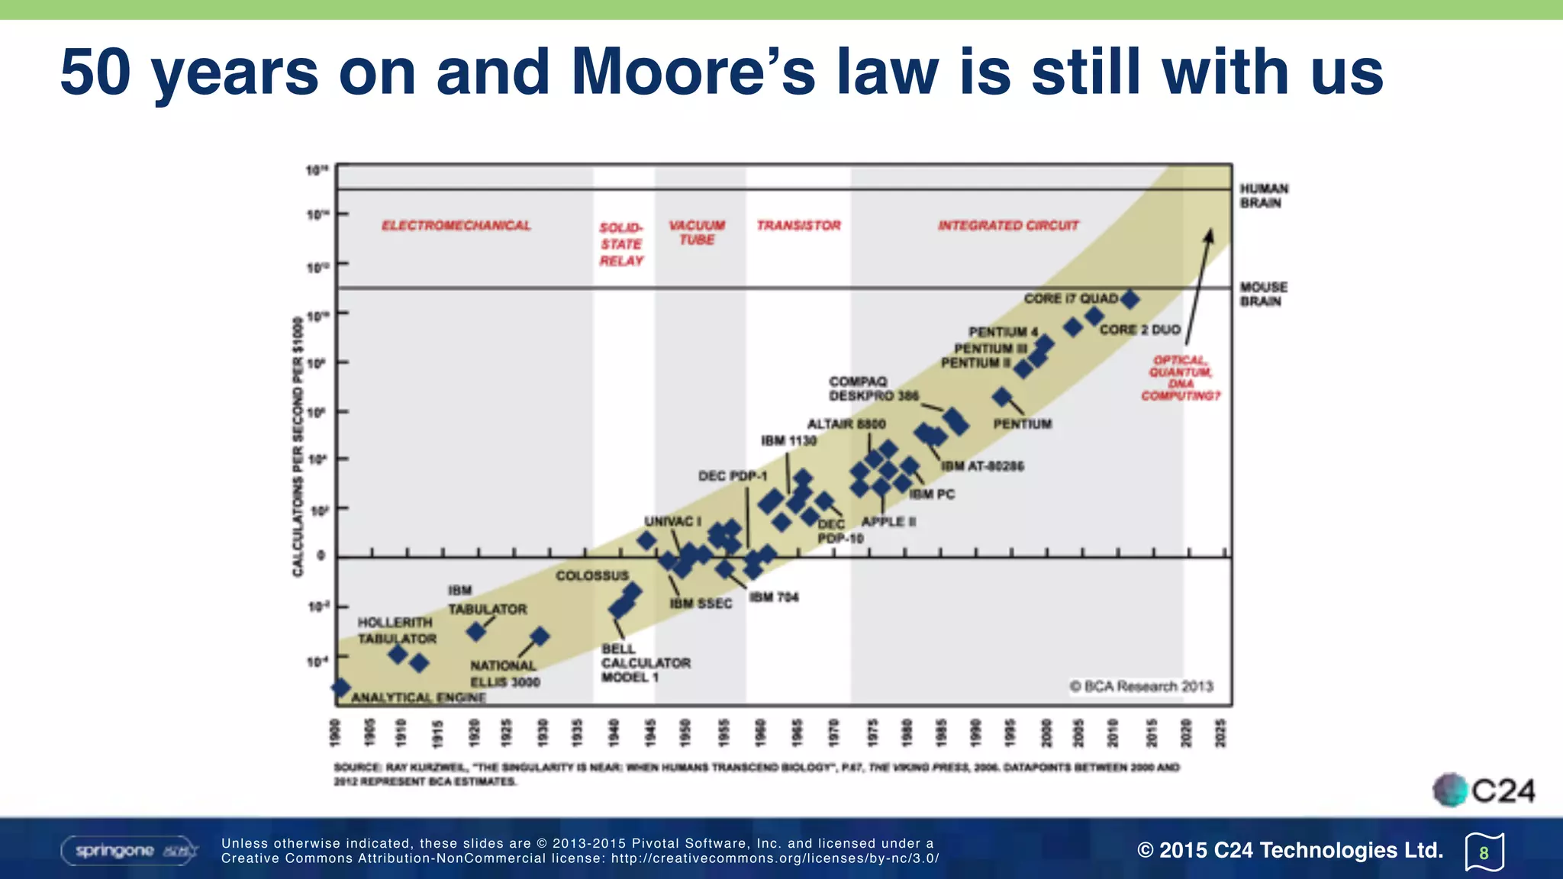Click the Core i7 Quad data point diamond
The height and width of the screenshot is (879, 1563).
1130,300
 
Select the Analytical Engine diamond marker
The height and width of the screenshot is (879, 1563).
340,687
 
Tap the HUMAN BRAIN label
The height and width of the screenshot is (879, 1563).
1264,195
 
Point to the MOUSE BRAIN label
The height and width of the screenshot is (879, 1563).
1263,294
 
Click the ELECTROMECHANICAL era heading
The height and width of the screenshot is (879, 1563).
456,225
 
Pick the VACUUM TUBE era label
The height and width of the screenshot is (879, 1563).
697,232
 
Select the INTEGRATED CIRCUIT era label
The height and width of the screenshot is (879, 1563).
1008,225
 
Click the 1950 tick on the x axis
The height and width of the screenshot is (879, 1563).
685,732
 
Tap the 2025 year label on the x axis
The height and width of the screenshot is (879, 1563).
1220,732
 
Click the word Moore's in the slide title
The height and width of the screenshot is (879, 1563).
693,72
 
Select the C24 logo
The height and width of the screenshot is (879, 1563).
1484,790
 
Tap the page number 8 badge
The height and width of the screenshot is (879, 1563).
1484,852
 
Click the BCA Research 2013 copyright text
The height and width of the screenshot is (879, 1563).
1141,686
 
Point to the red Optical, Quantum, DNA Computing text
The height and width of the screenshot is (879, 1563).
1181,378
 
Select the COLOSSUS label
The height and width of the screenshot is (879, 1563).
592,575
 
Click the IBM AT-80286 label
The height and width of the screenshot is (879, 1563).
982,465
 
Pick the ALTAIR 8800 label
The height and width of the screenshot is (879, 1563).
846,423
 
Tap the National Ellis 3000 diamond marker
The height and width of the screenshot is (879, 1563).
540,636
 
